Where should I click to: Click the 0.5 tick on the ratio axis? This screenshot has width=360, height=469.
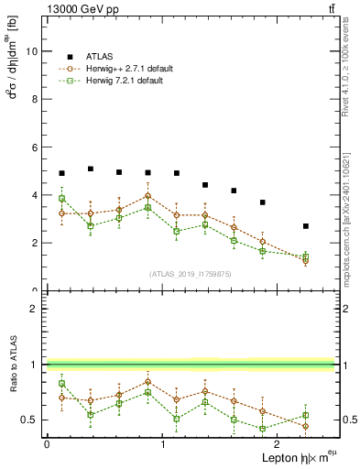click(32, 420)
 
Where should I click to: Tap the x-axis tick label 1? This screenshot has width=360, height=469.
click(163, 444)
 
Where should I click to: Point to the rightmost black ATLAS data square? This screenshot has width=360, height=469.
click(306, 226)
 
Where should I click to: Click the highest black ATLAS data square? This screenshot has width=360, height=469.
click(90, 169)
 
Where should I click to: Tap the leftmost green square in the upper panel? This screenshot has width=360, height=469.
click(61, 199)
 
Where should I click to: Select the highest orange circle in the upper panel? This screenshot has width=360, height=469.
click(147, 196)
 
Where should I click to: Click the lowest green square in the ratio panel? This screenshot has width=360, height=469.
click(262, 429)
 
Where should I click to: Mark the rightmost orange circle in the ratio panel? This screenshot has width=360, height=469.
click(306, 426)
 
